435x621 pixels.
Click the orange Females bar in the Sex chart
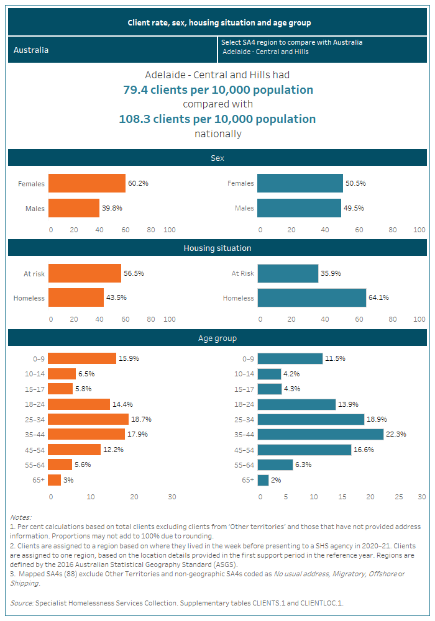tap(86, 184)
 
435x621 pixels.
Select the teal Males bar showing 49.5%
tap(299, 208)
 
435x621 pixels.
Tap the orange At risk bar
tap(85, 273)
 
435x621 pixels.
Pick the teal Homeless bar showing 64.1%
tap(311, 298)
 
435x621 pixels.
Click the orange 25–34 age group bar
tap(88, 419)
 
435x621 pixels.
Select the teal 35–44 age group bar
tap(320, 434)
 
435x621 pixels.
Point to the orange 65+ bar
tap(55, 480)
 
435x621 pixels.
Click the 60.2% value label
tap(138, 184)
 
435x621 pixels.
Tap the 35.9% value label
tap(331, 273)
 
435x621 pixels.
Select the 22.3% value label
tap(396, 434)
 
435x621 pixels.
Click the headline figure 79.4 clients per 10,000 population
tap(217, 90)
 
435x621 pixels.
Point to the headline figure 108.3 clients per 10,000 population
tap(217, 119)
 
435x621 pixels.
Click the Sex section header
tap(217, 158)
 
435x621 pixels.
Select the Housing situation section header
tap(217, 248)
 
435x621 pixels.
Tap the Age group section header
tap(217, 338)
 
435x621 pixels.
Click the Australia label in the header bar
tap(31, 50)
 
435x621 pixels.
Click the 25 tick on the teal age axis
tap(398, 497)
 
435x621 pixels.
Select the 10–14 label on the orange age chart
tap(33, 374)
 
